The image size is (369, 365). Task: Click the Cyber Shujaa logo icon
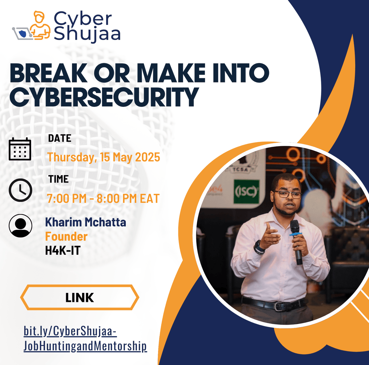tap(31, 26)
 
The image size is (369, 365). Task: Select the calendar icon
tap(20, 149)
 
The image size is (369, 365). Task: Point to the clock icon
tap(20, 190)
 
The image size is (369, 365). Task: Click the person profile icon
tap(20, 226)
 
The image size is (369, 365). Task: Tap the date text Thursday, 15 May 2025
tap(104, 157)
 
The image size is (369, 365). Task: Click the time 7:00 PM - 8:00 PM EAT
tap(103, 199)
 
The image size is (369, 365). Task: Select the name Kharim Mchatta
tap(85, 222)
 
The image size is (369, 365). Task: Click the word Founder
tap(66, 236)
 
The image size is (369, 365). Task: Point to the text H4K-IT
tap(62, 251)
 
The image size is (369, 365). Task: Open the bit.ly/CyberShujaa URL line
tap(70, 331)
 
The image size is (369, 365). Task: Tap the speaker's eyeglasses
tap(287, 195)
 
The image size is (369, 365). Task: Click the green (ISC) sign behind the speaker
tap(246, 192)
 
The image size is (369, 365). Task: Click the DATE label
tap(60, 138)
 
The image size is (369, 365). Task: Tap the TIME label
tap(58, 179)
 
